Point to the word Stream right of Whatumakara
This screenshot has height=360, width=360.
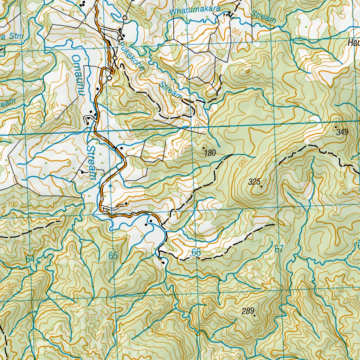[264, 16]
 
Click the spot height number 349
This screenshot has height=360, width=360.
[342, 132]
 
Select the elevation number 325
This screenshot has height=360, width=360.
[254, 182]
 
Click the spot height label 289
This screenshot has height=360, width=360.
[247, 311]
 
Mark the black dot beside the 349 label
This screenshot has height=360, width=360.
[335, 127]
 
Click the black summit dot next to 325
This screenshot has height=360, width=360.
[261, 186]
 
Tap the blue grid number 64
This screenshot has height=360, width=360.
[30, 259]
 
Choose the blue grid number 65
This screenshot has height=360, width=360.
[113, 256]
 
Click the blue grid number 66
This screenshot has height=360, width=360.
[196, 252]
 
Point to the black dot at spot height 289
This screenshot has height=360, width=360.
[254, 315]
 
